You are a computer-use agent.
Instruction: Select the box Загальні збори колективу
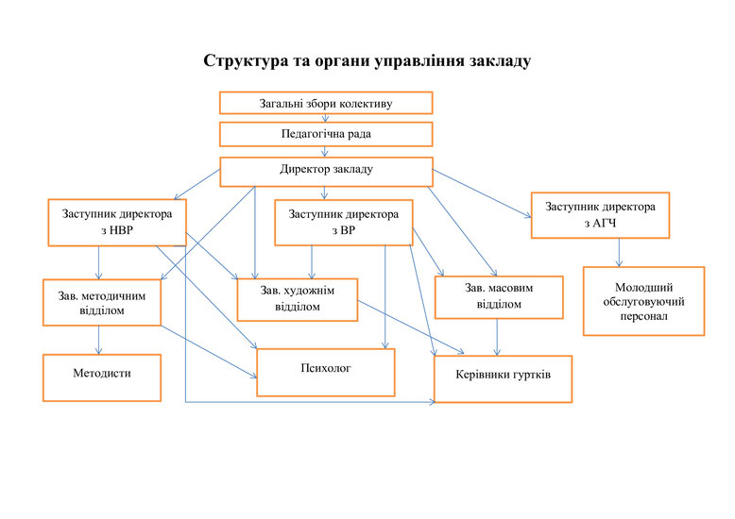[x=326, y=103]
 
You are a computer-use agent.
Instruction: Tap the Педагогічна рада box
[x=326, y=134]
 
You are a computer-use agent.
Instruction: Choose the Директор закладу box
[x=326, y=172]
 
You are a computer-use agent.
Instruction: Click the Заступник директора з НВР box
[x=117, y=223]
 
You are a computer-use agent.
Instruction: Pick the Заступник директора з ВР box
[x=344, y=223]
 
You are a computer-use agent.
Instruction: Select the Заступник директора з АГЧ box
[x=600, y=215]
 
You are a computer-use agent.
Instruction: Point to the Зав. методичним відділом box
[x=102, y=303]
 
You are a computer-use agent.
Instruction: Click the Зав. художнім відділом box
[x=298, y=300]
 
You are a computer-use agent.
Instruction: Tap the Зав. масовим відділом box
[x=499, y=297]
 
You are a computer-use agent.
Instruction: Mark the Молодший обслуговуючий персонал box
[x=643, y=301]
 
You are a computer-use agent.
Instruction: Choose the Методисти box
[x=102, y=377]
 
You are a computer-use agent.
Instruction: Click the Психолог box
[x=326, y=373]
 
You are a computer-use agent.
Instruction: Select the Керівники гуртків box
[x=503, y=379]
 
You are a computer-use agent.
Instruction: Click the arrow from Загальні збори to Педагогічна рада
[x=325, y=118]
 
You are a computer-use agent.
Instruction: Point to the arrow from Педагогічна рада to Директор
[x=324, y=152]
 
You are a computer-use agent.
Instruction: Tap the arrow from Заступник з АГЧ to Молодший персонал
[x=619, y=253]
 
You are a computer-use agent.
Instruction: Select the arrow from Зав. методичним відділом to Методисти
[x=98, y=340]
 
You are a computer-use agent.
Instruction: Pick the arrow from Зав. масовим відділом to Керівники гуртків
[x=497, y=337]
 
